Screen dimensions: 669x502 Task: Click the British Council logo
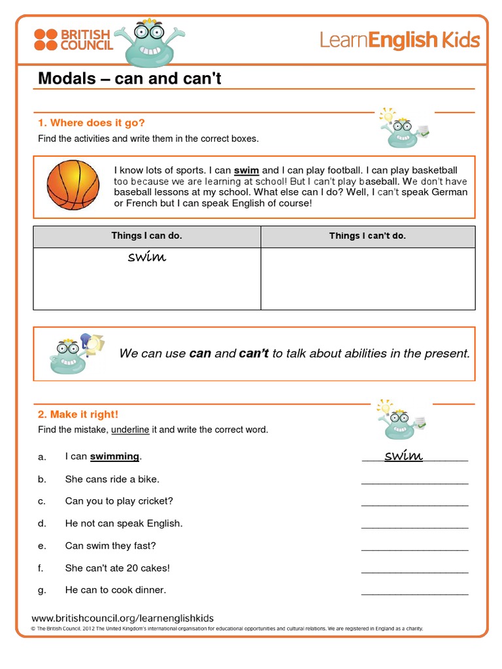(x=73, y=39)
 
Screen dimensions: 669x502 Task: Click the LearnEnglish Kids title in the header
(x=399, y=41)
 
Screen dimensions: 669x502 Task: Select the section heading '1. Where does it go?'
(x=92, y=123)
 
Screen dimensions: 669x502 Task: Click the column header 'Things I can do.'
(x=146, y=236)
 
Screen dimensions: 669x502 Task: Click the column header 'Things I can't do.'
(x=367, y=236)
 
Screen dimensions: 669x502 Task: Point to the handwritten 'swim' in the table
(x=147, y=257)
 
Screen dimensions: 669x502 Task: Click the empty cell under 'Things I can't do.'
(x=367, y=278)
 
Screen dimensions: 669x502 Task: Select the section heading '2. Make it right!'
(x=78, y=414)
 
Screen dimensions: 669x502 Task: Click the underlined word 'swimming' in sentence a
(x=115, y=457)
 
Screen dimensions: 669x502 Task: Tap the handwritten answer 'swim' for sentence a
(x=403, y=455)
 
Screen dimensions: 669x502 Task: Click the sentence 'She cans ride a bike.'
(x=112, y=479)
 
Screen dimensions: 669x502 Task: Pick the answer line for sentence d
(x=414, y=526)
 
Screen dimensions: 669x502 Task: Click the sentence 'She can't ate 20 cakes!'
(x=117, y=568)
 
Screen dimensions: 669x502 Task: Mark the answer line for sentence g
(x=414, y=593)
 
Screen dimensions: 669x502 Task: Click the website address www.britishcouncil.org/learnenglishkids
(x=123, y=618)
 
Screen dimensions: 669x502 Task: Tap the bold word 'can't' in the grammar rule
(x=254, y=353)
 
